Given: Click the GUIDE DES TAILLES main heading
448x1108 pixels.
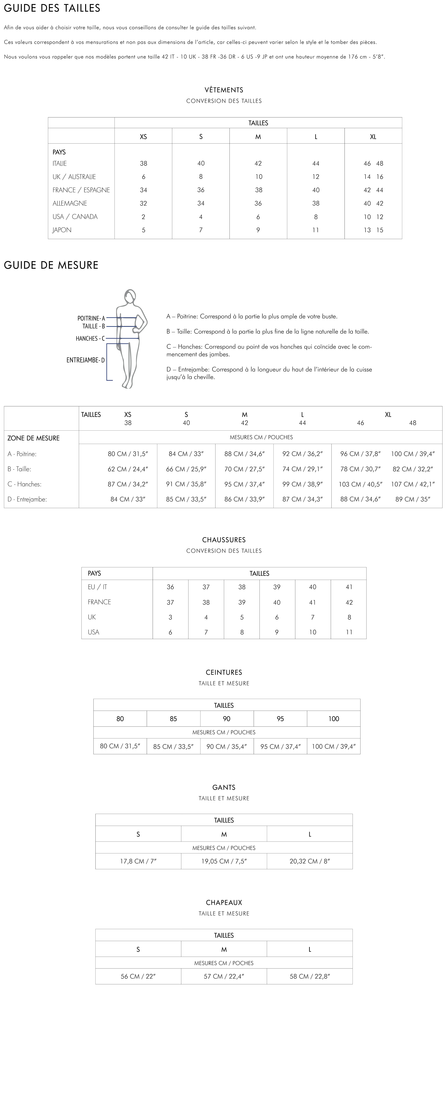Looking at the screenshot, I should tap(52, 8).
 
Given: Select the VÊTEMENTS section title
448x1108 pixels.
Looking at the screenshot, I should tap(224, 90).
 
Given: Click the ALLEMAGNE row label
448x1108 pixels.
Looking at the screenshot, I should tap(70, 203).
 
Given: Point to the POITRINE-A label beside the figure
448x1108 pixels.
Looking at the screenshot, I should tap(91, 318).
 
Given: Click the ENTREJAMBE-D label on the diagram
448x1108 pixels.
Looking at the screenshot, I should tap(85, 360).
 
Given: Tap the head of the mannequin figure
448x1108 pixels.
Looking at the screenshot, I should tap(130, 297).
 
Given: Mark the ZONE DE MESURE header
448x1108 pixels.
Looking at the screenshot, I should tap(33, 438).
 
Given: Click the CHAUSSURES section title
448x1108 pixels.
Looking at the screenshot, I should tap(224, 540).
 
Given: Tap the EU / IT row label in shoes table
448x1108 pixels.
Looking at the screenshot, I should tap(97, 587).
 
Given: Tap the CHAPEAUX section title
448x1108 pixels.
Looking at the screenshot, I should tap(224, 902).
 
